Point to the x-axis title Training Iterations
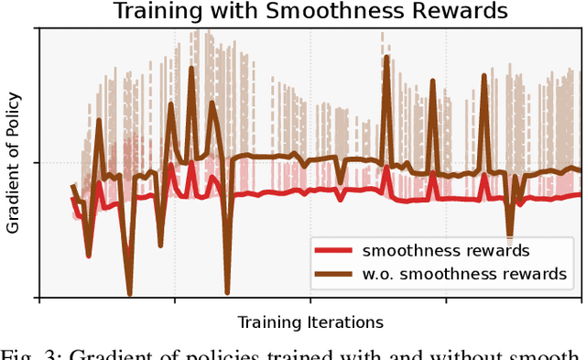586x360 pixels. tap(310, 322)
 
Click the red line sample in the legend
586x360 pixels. tap(333, 250)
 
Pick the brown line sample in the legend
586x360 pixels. tap(333, 273)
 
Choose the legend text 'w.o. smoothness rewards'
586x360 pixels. tap(465, 273)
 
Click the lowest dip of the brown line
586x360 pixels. tap(129, 294)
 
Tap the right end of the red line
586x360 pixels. tap(581, 194)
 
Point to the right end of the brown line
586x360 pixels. tap(581, 169)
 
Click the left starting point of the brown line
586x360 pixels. tap(73, 186)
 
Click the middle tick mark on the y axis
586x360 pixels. tap(38, 163)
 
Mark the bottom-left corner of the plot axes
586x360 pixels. tap(38, 298)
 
